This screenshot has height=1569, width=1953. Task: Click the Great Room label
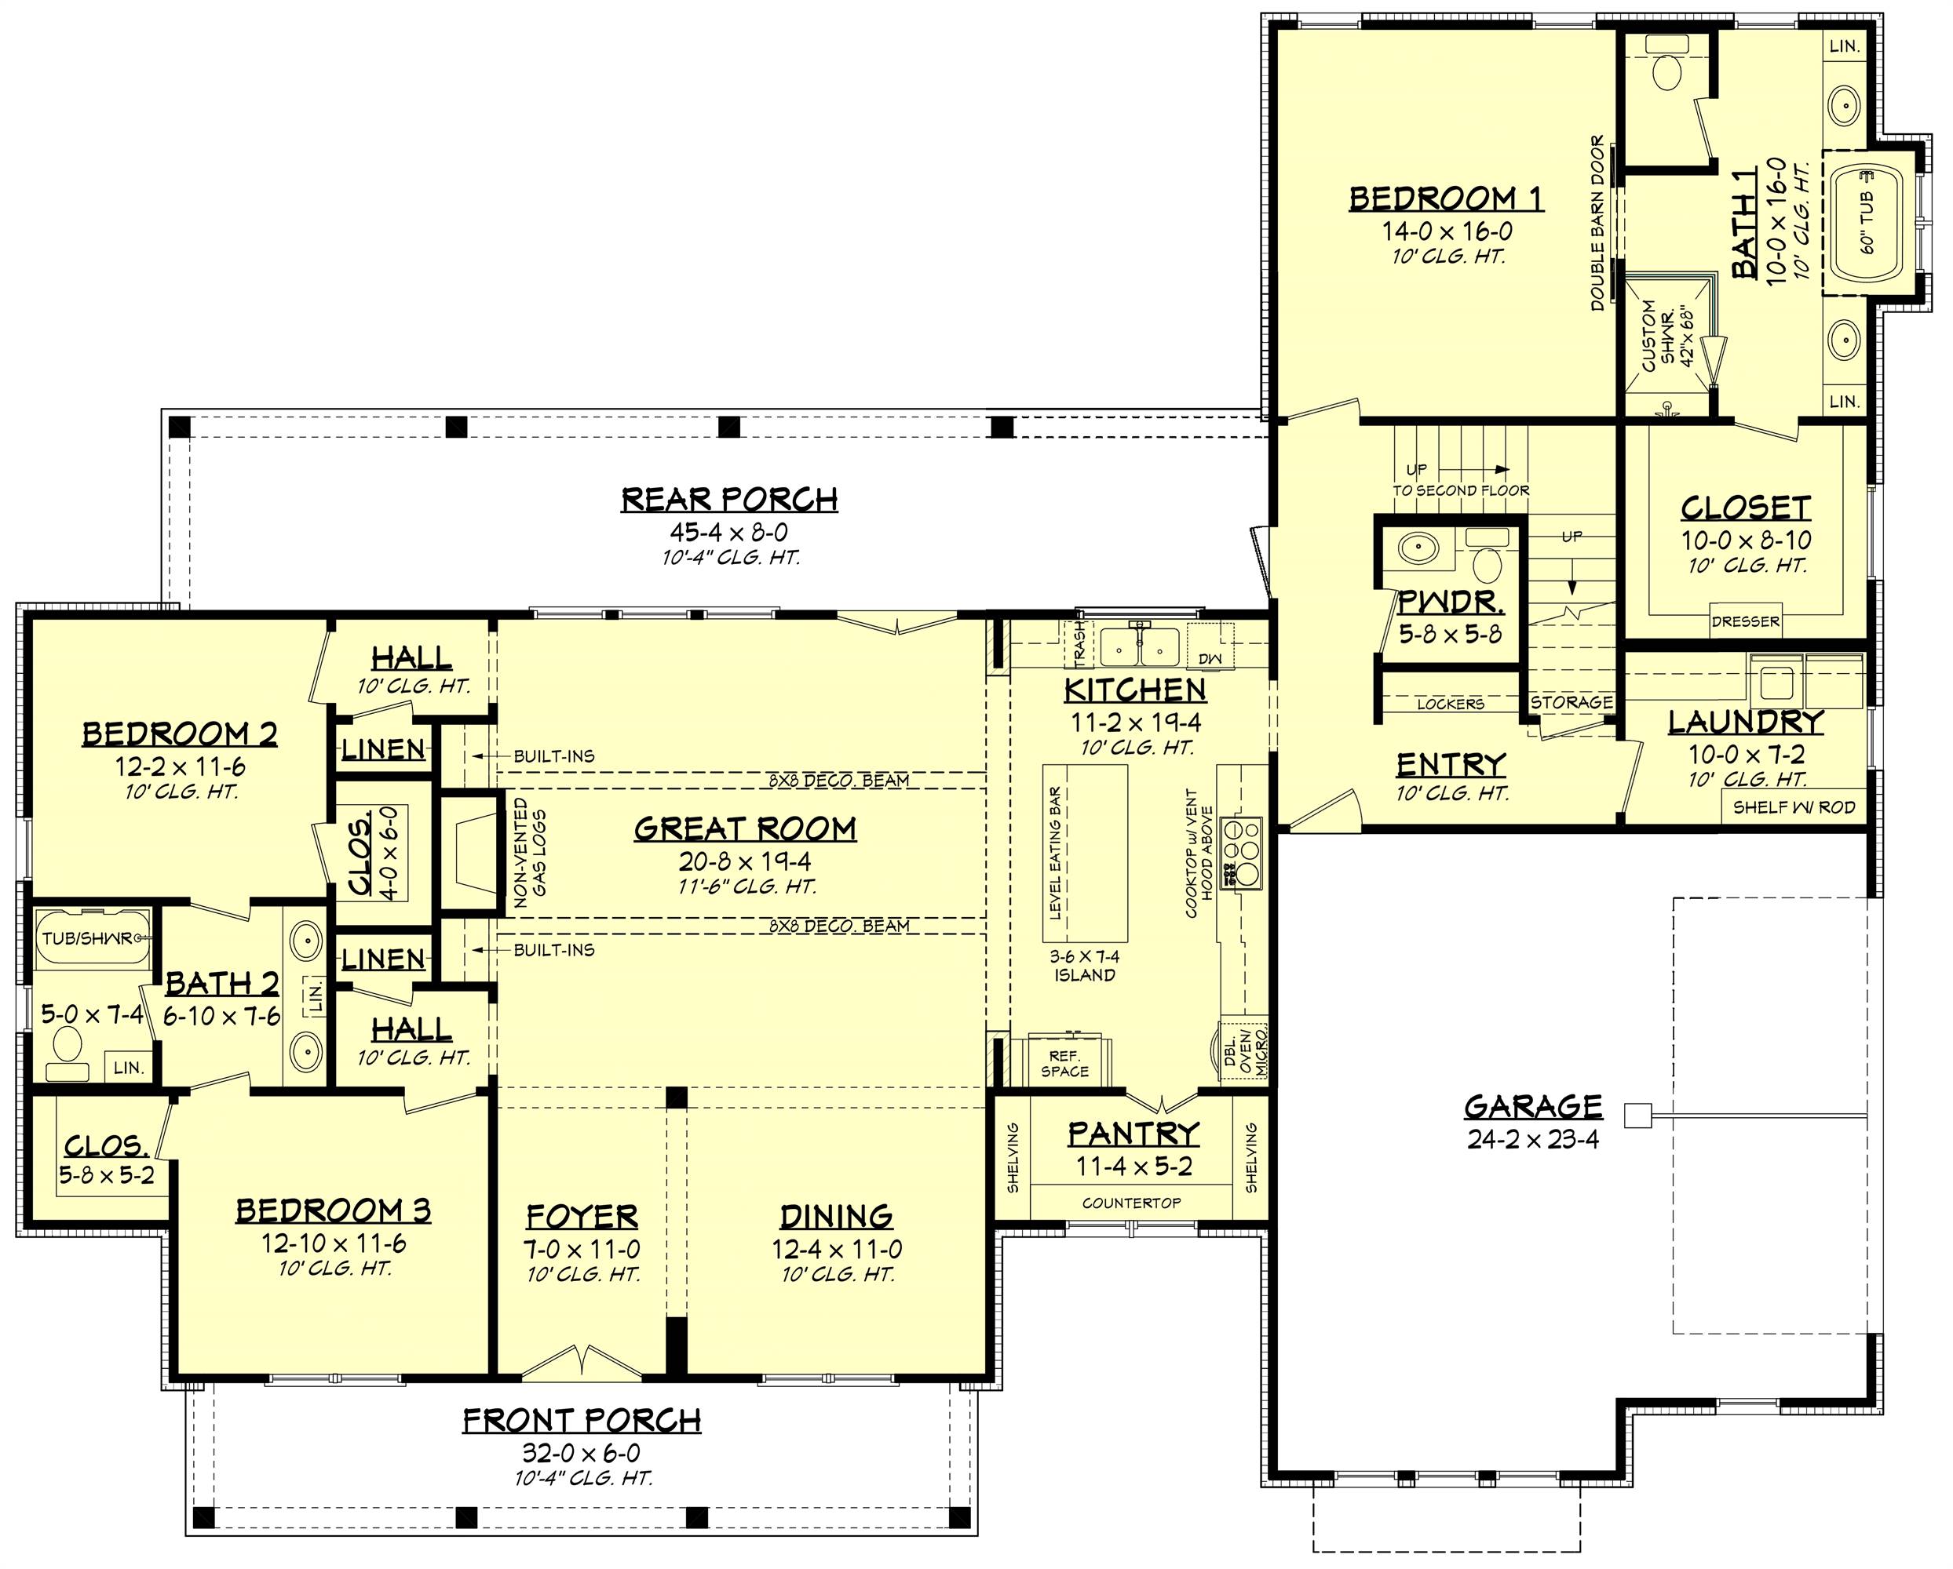click(x=745, y=829)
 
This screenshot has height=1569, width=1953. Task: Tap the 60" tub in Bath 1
click(x=1868, y=223)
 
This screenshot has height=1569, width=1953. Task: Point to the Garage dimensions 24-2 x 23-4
click(x=1533, y=1140)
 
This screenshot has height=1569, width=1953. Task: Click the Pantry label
click(x=1133, y=1134)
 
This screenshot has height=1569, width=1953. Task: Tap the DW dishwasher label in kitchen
click(x=1210, y=658)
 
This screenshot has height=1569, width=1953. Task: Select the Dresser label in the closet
click(x=1745, y=622)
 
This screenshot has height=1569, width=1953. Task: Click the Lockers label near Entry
click(x=1451, y=704)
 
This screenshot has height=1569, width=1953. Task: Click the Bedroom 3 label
click(x=334, y=1210)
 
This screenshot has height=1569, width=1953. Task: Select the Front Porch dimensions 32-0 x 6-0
click(x=582, y=1453)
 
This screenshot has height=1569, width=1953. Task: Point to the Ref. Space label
click(x=1064, y=1064)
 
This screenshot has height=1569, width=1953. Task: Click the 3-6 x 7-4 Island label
click(x=1084, y=965)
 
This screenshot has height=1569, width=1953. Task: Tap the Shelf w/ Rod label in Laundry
click(x=1794, y=806)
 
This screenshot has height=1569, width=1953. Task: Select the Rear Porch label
click(x=729, y=499)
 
